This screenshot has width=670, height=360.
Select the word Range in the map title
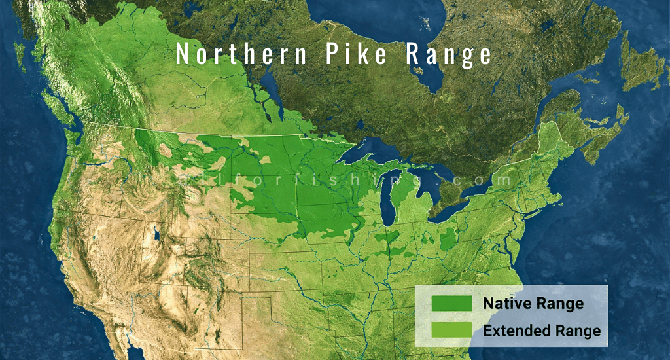pyautogui.click(x=448, y=56)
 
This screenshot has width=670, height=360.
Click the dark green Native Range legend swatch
pyautogui.click(x=451, y=304)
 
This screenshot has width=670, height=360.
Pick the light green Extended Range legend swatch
pyautogui.click(x=451, y=331)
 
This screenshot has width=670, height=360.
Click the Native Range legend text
pyautogui.click(x=533, y=304)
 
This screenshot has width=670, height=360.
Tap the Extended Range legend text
pyautogui.click(x=542, y=331)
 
